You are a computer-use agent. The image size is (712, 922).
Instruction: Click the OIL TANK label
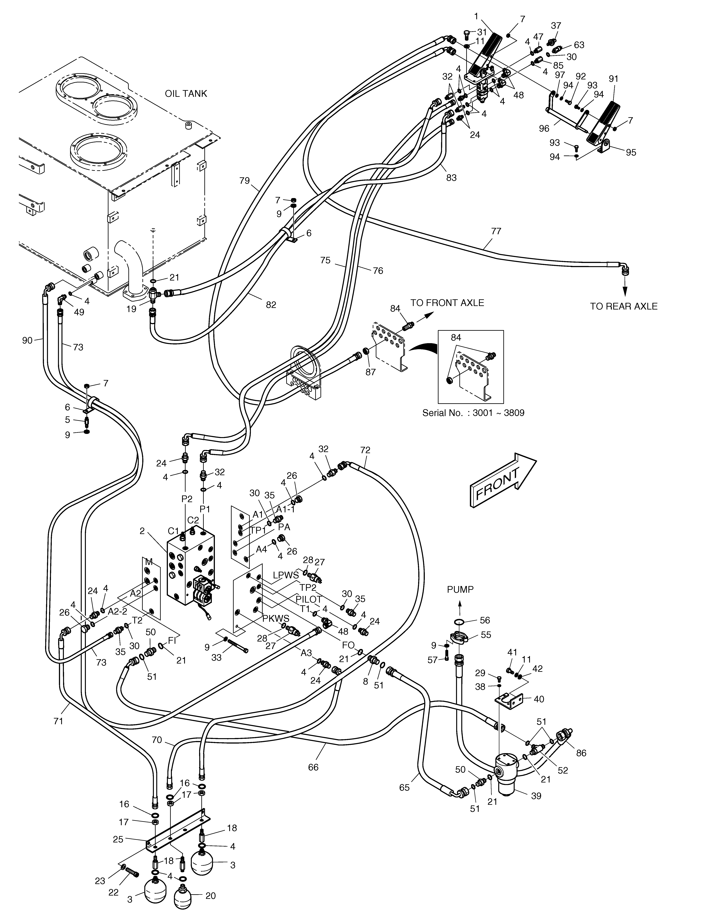coord(186,94)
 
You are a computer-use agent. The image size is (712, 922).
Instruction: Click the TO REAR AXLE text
coord(623,306)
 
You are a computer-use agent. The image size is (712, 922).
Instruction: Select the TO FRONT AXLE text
coord(447,303)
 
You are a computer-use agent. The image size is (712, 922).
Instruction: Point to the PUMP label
coord(460,589)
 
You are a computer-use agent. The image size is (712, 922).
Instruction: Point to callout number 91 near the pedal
coord(614,79)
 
